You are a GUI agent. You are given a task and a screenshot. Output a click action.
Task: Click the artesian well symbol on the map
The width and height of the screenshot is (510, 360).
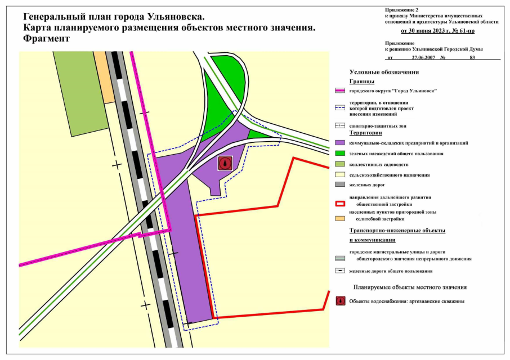[x=225, y=163]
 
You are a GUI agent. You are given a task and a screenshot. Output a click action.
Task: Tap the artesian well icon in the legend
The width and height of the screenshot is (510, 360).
[x=339, y=301]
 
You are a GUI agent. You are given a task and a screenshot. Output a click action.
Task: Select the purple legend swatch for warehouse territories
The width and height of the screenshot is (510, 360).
[x=339, y=143]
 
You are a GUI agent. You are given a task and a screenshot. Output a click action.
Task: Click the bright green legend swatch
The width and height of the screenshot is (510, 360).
[x=339, y=154]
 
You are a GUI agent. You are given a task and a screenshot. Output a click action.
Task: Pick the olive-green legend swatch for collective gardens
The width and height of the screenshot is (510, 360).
[x=339, y=164]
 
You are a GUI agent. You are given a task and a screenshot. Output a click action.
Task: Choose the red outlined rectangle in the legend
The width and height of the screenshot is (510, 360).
[x=339, y=204]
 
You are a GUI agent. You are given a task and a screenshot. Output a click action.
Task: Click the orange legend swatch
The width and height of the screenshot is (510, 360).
[x=339, y=218]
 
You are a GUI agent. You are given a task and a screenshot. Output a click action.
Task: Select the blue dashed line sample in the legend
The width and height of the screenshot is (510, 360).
[x=339, y=107]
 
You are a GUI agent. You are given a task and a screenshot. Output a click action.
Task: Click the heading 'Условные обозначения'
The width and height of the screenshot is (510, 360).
[x=384, y=72]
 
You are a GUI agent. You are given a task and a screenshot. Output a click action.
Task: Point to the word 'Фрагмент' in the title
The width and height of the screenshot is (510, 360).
[x=46, y=39]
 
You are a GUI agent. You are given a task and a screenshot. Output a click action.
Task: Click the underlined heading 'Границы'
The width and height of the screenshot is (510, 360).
[x=361, y=82]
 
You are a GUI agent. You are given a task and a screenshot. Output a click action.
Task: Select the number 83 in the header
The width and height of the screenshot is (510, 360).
[x=472, y=57]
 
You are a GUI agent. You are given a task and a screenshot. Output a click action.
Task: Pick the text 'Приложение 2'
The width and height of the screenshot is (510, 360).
[x=402, y=10]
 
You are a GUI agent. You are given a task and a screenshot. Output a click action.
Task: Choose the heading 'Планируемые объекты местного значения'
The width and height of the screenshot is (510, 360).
[x=410, y=287]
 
